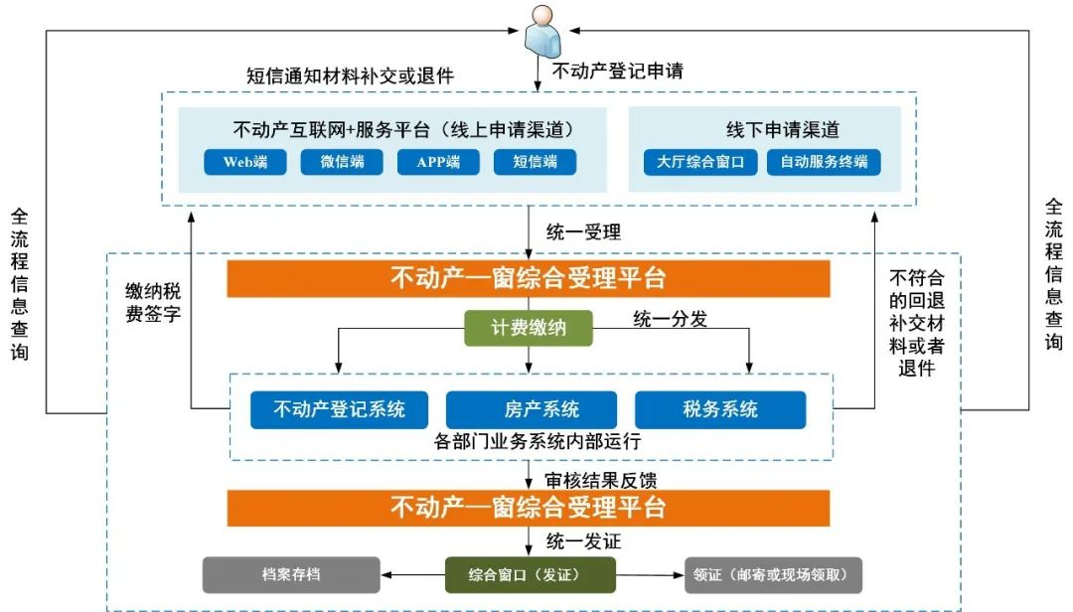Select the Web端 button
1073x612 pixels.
tap(244, 162)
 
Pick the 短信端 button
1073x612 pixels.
tap(535, 162)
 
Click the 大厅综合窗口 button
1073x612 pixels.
tap(700, 162)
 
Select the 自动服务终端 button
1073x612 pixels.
tap(824, 162)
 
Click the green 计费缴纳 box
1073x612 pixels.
tap(529, 327)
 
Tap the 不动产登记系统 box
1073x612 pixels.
tap(339, 409)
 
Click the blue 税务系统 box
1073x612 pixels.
tap(720, 409)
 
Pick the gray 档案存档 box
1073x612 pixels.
tap(291, 574)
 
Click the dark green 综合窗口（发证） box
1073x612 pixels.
tap(530, 574)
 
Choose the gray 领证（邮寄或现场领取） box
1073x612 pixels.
tap(773, 574)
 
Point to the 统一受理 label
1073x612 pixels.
tap(584, 232)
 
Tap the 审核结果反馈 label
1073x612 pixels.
tap(601, 480)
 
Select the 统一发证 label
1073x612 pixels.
tap(584, 541)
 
